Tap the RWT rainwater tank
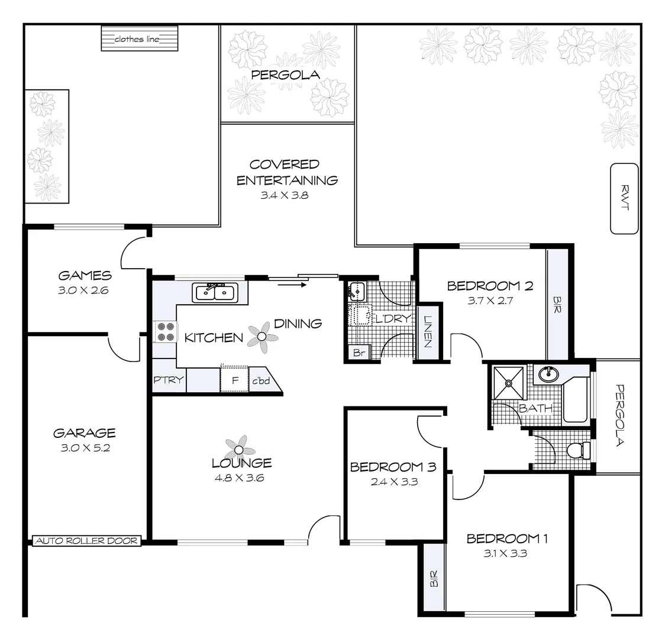click(624, 198)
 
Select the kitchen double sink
click(214, 292)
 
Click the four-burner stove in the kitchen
click(165, 331)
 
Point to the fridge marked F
click(235, 380)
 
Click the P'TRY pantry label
click(169, 380)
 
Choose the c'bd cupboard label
click(261, 381)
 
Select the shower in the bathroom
click(508, 382)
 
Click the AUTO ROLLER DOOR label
click(86, 541)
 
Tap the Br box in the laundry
click(358, 353)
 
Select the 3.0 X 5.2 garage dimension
click(85, 448)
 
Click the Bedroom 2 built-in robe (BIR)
click(556, 304)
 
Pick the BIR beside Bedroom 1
click(433, 577)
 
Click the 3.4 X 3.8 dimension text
click(285, 195)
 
